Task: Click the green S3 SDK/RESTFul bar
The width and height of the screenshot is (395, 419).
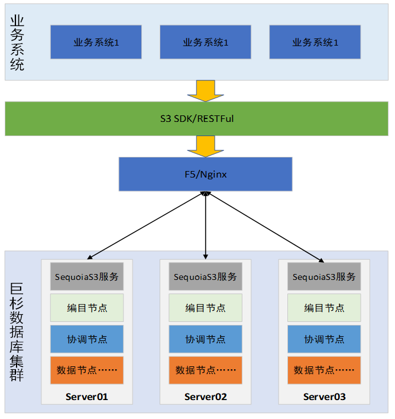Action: pyautogui.click(x=197, y=119)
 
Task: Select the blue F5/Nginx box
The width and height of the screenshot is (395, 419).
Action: pyautogui.click(x=205, y=174)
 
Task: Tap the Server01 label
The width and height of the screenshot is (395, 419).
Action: pyautogui.click(x=86, y=397)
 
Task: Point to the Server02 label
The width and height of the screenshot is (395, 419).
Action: pyautogui.click(x=205, y=397)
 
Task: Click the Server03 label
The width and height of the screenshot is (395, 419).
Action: pyautogui.click(x=324, y=397)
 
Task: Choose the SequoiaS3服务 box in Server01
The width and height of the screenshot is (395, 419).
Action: pyautogui.click(x=86, y=276)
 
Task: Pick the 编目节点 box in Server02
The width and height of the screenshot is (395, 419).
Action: pyautogui.click(x=205, y=308)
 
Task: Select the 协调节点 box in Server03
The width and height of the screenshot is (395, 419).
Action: pyautogui.click(x=324, y=339)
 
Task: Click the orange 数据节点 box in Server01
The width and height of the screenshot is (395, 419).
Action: pyautogui.click(x=86, y=370)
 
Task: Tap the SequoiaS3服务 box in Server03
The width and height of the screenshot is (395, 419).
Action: pyautogui.click(x=324, y=276)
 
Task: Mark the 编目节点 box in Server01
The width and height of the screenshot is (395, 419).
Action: pyautogui.click(x=86, y=308)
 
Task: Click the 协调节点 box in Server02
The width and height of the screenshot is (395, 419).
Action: pyautogui.click(x=205, y=339)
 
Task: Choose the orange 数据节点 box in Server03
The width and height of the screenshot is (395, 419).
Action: pyautogui.click(x=324, y=370)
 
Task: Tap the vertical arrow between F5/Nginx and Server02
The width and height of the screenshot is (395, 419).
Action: pyautogui.click(x=205, y=225)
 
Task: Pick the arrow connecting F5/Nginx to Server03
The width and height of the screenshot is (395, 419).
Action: pyautogui.click(x=264, y=225)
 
